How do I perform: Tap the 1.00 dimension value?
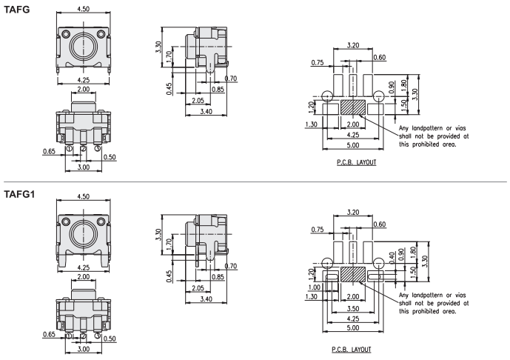pyautogui.click(x=314, y=287)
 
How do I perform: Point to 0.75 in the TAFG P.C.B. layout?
pyautogui.click(x=320, y=63)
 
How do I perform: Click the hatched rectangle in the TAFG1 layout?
pyautogui.click(x=353, y=273)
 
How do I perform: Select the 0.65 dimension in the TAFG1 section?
pyautogui.click(x=49, y=335)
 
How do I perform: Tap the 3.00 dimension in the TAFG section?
pyautogui.click(x=83, y=167)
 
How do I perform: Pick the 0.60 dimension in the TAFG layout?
pyautogui.click(x=379, y=58)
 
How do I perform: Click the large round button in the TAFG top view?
pyautogui.click(x=84, y=48)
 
